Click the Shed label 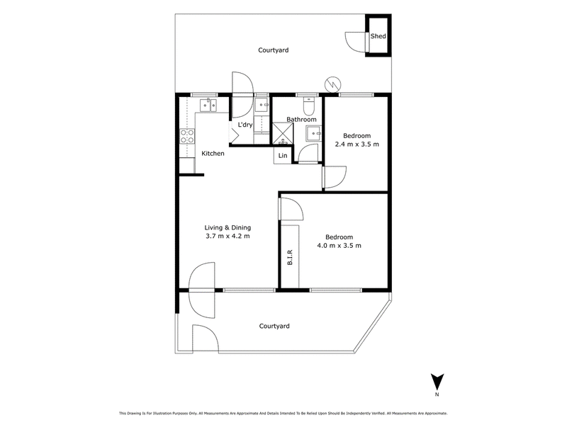click(378, 36)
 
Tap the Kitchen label click(213, 154)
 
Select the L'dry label click(245, 125)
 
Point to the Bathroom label click(301, 119)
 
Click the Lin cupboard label click(283, 155)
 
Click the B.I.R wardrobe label click(290, 257)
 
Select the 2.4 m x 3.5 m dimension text click(357, 144)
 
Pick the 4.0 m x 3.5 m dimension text click(339, 246)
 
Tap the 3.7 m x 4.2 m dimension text click(228, 237)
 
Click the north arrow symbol click(437, 382)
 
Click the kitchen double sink click(208, 105)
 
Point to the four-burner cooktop click(187, 136)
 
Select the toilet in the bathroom click(310, 106)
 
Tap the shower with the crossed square click(282, 133)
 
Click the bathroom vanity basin click(314, 133)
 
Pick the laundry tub click(261, 105)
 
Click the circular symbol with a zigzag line click(332, 84)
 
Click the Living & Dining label click(228, 227)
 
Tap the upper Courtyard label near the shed click(274, 50)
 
